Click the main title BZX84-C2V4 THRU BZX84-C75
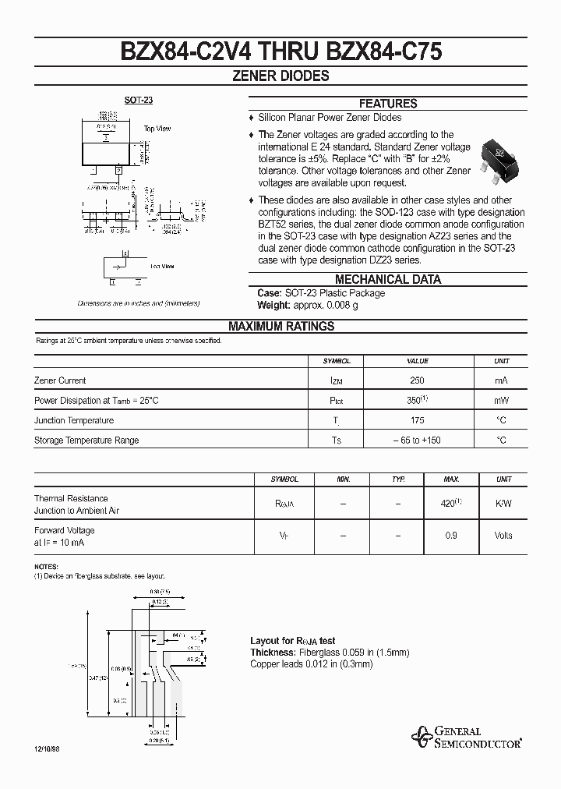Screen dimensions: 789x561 (280, 51)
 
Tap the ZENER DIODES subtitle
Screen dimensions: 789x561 (280, 76)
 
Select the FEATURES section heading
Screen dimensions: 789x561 (387, 103)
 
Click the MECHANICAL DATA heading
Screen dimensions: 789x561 (387, 279)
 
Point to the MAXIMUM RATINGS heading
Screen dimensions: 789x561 (280, 327)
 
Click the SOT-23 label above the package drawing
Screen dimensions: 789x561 (136, 101)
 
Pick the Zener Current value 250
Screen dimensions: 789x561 (417, 380)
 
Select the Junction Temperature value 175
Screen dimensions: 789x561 (417, 420)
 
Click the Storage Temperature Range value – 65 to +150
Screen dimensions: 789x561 (417, 440)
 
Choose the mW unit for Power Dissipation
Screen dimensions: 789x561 (501, 401)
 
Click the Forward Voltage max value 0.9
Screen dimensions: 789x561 (451, 536)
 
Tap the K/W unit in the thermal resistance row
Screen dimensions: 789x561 (503, 504)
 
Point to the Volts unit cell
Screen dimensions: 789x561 (503, 536)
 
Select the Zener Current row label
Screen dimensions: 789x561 (60, 380)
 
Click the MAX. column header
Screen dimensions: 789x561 (451, 479)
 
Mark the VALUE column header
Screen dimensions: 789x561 (418, 361)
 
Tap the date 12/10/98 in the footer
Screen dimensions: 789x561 (47, 748)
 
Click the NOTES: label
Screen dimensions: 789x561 (46, 566)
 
